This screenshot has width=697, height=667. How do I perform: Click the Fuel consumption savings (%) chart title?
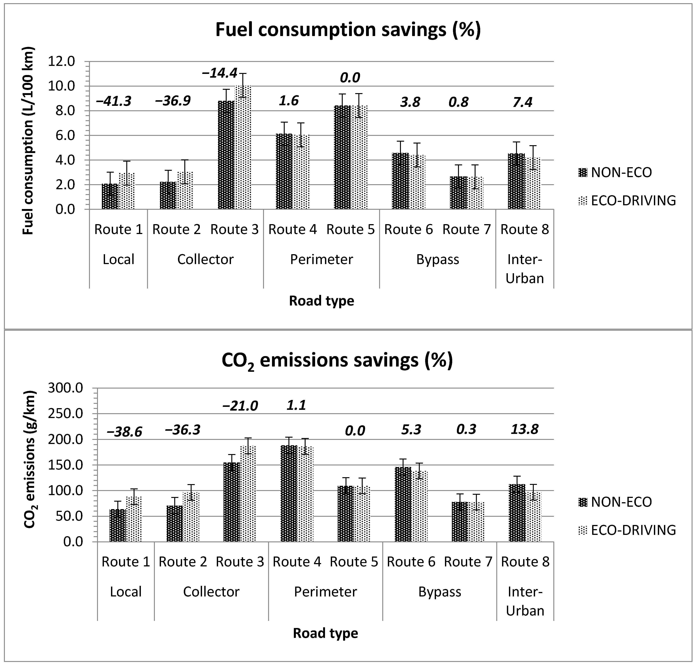pos(348,29)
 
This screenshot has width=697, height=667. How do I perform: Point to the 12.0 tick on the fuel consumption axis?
pos(65,62)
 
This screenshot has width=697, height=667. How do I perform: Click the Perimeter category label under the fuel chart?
pos(321,260)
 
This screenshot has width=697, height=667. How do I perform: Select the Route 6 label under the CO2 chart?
pos(411,562)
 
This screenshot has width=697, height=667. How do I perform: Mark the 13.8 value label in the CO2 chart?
pos(525,429)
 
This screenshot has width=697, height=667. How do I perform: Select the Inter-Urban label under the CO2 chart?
pos(525,601)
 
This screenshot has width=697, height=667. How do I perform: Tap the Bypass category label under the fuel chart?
pos(437,260)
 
